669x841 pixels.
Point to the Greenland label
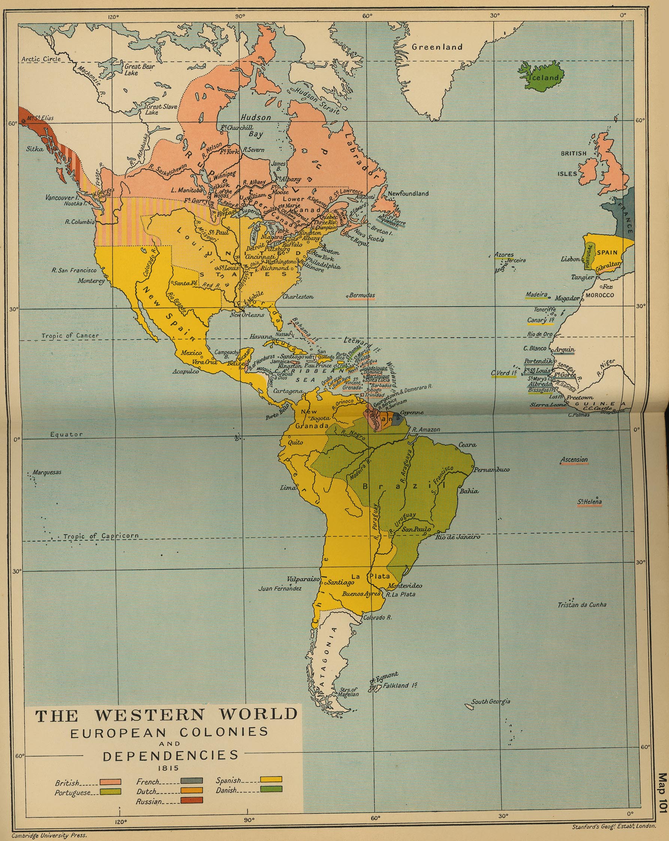tap(437, 47)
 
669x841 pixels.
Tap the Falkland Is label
tap(401, 686)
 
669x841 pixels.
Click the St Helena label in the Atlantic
tap(590, 502)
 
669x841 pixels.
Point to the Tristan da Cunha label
tap(582, 605)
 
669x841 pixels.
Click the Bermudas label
tap(362, 295)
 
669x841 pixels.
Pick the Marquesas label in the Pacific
tap(47, 472)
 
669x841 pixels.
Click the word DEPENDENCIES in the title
tap(170, 755)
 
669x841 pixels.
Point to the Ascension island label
tap(574, 460)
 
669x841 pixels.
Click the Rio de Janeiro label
tap(458, 537)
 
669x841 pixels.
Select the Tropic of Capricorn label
tap(101, 536)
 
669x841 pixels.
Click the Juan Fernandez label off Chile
tap(280, 588)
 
